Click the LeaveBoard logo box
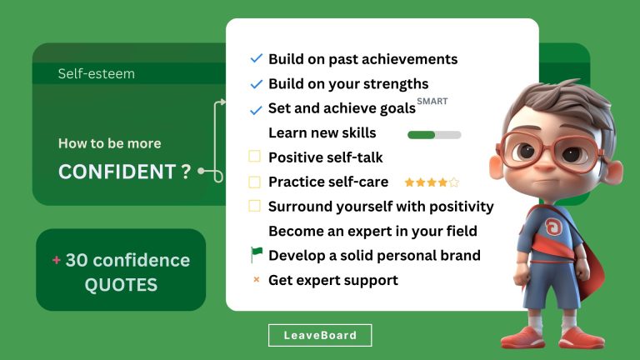point(320,335)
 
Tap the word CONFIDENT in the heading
point(117,172)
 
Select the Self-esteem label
point(96,74)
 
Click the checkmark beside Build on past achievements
point(256,59)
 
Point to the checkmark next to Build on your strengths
point(256,84)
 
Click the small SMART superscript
point(433,102)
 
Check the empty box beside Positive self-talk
point(255,156)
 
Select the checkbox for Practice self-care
point(255,181)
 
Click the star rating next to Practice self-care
point(432,182)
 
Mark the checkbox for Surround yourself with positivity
point(255,206)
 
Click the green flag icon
point(256,255)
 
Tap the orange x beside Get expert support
point(256,280)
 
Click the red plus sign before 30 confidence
point(57,260)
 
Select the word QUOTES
point(121,285)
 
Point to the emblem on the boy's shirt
point(552,227)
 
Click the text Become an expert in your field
point(372,231)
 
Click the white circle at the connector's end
point(218,176)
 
